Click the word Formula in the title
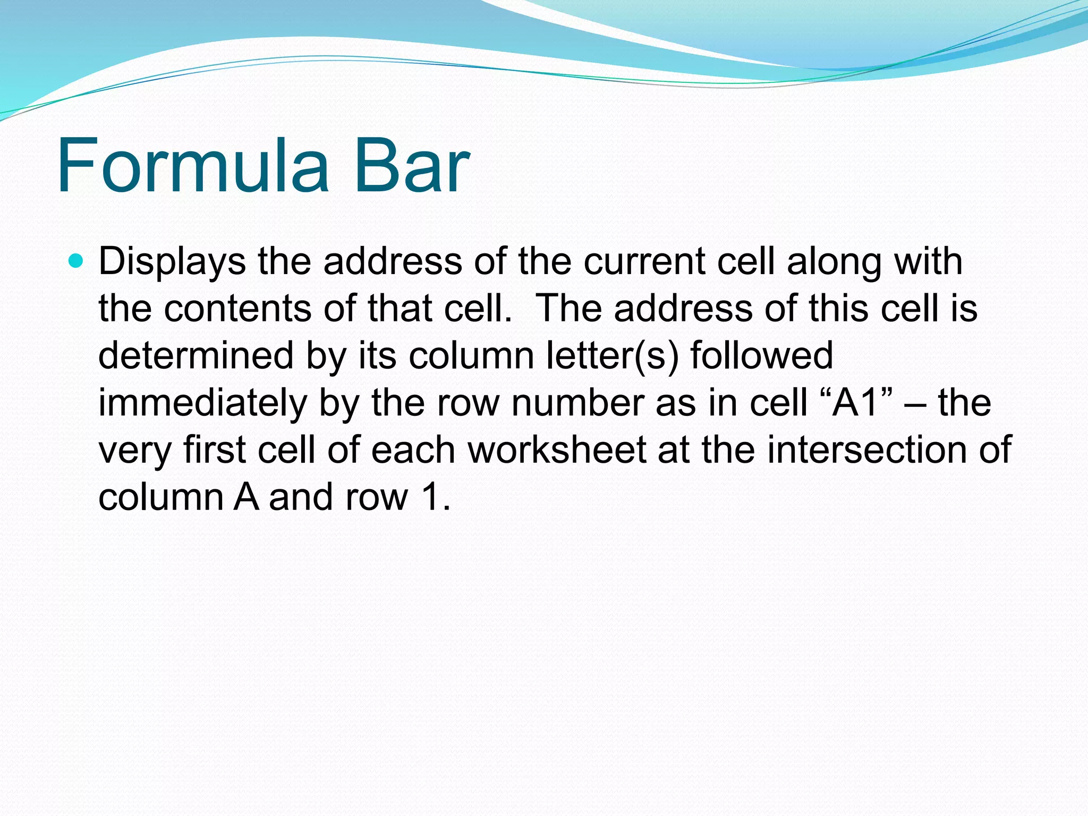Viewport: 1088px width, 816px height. [193, 166]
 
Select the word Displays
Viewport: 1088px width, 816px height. [172, 262]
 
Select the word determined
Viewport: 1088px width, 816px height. [195, 355]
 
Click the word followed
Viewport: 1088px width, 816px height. [761, 355]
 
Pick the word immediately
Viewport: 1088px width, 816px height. [202, 403]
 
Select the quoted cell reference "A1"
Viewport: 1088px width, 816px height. [857, 403]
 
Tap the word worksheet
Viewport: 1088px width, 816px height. [556, 450]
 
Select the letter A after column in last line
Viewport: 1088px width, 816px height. [246, 497]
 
